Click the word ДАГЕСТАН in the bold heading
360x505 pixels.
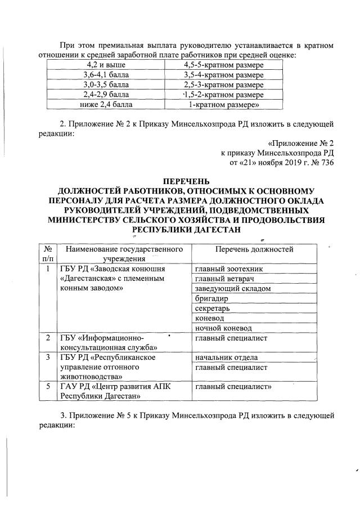pos(214,229)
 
